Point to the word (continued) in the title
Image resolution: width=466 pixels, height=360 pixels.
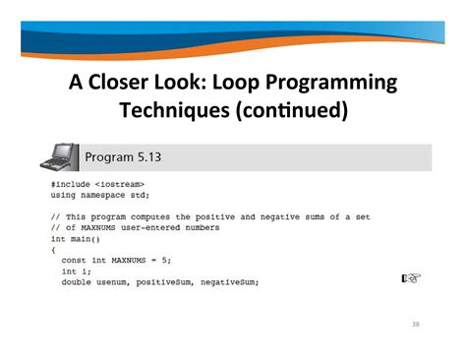292,110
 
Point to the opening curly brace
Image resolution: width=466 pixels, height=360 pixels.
53,250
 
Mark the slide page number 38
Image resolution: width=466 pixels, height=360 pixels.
414,324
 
